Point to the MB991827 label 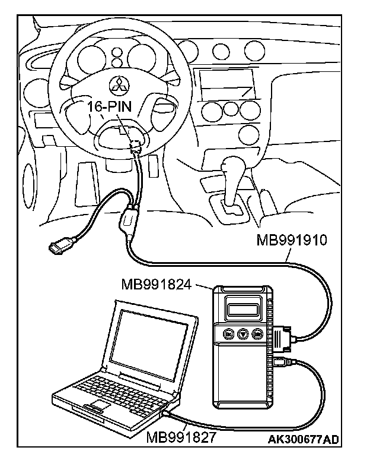point(177,438)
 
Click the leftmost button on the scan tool point(228,335)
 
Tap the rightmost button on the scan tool point(258,335)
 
